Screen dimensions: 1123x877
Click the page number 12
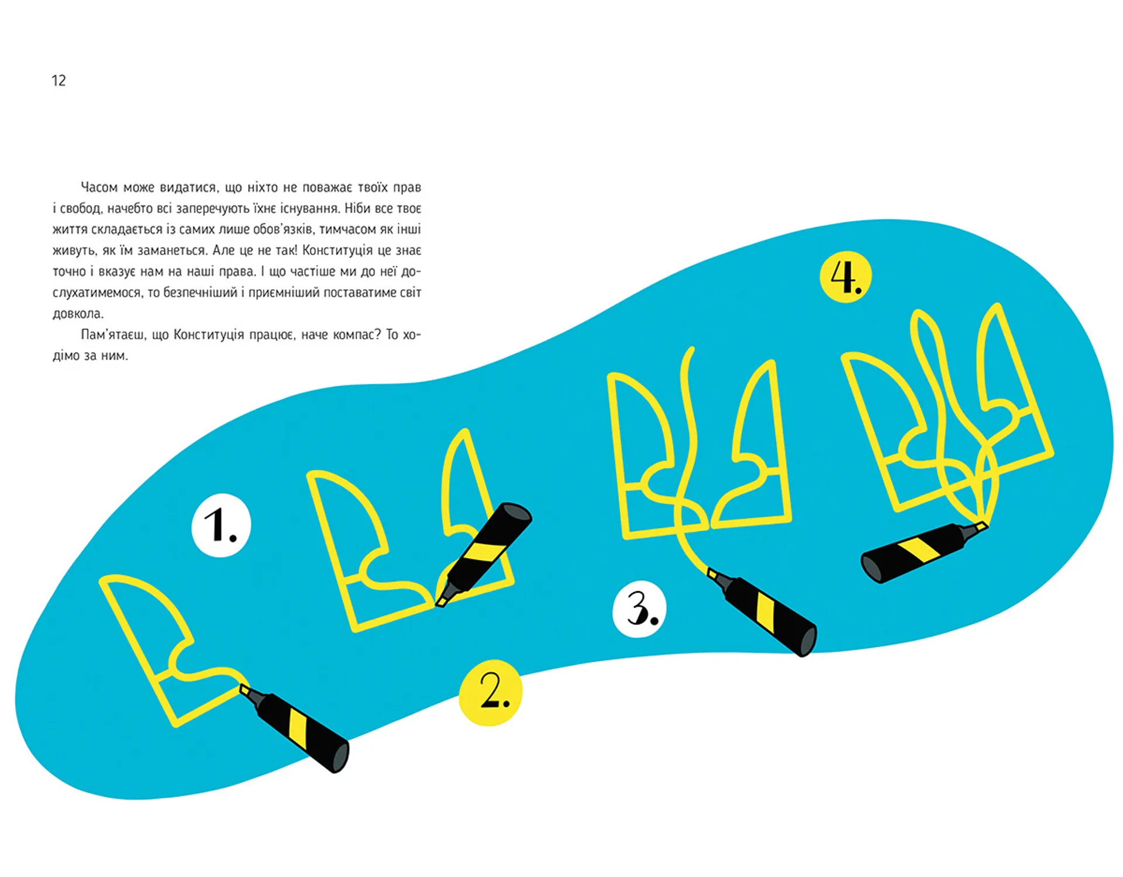58,80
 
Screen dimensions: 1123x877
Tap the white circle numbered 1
221,525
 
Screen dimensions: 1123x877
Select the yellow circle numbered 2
490,693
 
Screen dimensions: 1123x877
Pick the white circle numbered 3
639,609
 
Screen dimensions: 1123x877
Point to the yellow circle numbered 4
846,277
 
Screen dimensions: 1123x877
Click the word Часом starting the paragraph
99,187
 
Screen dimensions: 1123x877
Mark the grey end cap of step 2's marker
514,513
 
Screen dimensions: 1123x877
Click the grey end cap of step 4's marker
871,569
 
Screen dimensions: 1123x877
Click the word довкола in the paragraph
78,314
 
